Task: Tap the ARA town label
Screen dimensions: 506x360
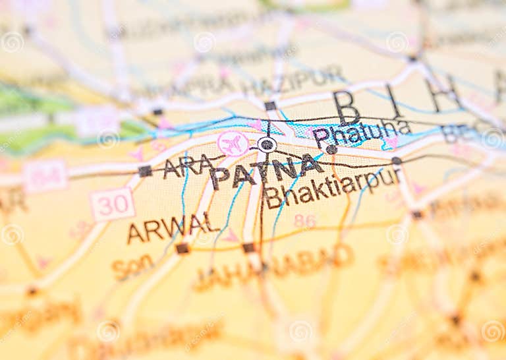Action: click(188, 166)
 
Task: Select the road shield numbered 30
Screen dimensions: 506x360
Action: click(112, 204)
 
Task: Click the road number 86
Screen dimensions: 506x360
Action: click(304, 221)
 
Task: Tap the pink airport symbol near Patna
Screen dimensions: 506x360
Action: click(233, 143)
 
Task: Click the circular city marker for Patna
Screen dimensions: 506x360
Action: click(267, 144)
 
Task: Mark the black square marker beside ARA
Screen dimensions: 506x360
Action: click(145, 171)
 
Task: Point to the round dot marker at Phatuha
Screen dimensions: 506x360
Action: click(331, 150)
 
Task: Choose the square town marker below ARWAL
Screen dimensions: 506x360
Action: click(183, 249)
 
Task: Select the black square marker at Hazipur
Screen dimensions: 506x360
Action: click(270, 105)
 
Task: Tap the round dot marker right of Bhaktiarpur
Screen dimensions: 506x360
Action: click(396, 161)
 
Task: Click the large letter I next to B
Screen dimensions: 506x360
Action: click(394, 101)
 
